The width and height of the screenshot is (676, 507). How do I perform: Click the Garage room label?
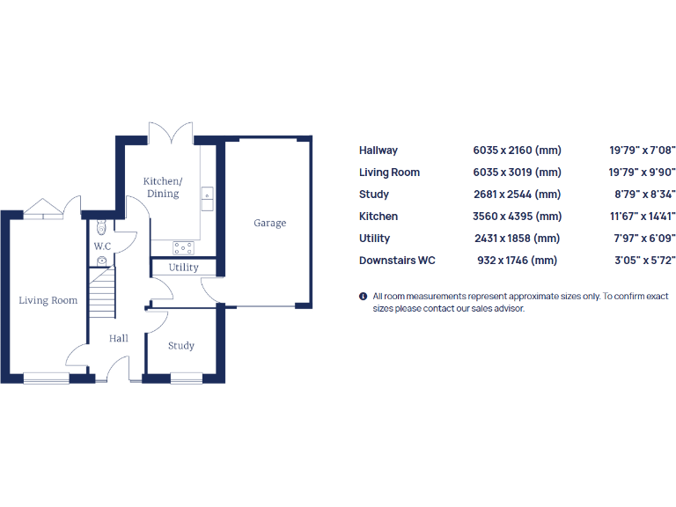coord(270,224)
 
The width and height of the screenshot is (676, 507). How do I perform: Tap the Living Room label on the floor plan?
coord(48,300)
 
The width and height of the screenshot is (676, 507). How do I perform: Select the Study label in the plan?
coord(181,346)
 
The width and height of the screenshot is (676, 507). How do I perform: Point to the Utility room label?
coord(184,268)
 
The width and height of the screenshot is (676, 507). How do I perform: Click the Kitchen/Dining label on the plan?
coord(163,187)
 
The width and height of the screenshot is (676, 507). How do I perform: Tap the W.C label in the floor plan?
coord(102,246)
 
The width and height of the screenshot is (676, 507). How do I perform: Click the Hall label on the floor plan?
coord(119,338)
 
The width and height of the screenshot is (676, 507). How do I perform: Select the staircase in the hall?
coord(103,294)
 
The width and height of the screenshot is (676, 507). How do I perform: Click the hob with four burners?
coord(184,247)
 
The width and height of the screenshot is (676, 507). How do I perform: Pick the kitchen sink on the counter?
coord(208,199)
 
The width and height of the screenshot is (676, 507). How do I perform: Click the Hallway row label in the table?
coord(378,151)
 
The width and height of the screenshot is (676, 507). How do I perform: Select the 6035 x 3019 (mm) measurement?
coord(517,173)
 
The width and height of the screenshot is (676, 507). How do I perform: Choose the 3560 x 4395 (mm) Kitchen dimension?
coord(517,217)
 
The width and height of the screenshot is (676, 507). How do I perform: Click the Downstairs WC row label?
coord(397,261)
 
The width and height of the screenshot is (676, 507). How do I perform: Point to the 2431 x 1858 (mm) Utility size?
coord(517,239)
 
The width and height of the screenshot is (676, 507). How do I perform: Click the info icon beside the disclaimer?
coord(363,297)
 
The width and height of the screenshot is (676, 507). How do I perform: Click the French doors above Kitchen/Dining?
coord(170,135)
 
